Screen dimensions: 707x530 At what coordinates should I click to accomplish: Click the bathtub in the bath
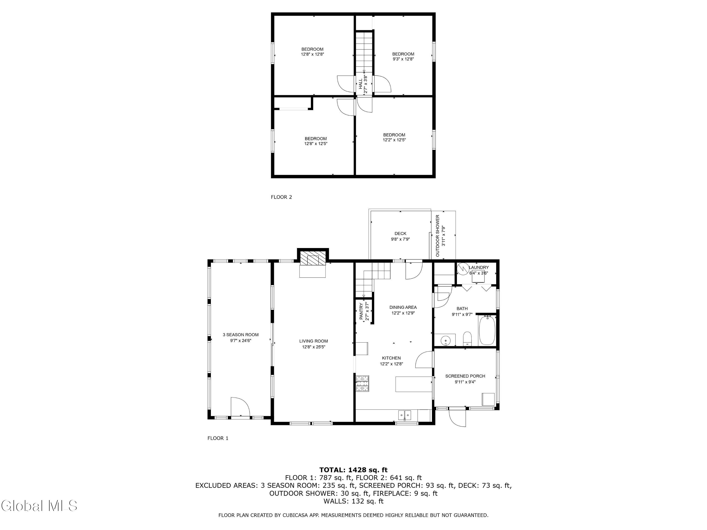point(487,330)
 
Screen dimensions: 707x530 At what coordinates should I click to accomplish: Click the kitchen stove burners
point(362,383)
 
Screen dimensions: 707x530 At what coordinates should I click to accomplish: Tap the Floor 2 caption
point(281,197)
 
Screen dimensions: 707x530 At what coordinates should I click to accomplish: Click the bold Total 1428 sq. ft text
point(353,470)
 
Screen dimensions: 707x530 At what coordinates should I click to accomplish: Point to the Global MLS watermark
point(39,506)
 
